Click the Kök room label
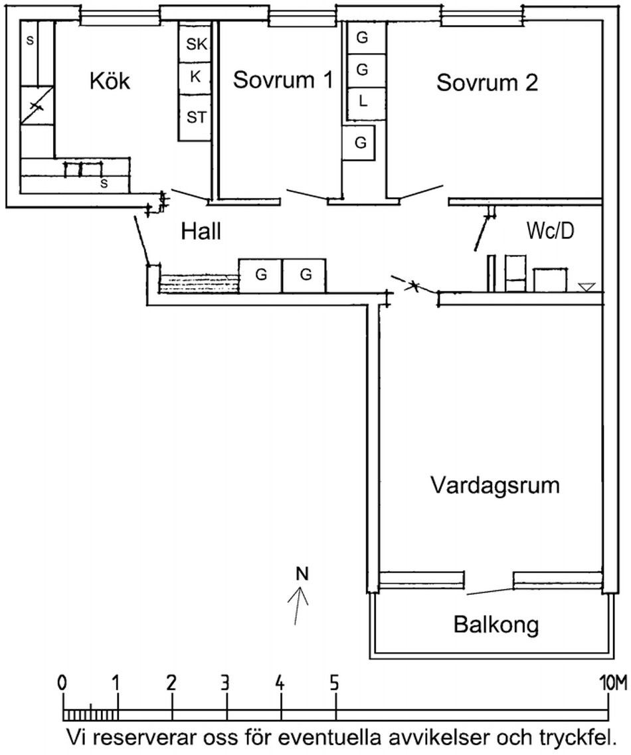click(110, 82)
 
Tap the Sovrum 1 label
click(282, 80)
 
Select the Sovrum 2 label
click(487, 83)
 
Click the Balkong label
click(496, 625)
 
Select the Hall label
click(201, 231)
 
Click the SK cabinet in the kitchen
click(196, 44)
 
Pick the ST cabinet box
click(196, 118)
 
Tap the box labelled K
click(195, 76)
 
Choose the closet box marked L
click(363, 102)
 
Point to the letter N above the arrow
click(302, 574)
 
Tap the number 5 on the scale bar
click(335, 683)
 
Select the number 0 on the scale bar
click(62, 683)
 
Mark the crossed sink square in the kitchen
click(37, 106)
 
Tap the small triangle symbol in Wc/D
click(586, 287)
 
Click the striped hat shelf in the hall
click(199, 284)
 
